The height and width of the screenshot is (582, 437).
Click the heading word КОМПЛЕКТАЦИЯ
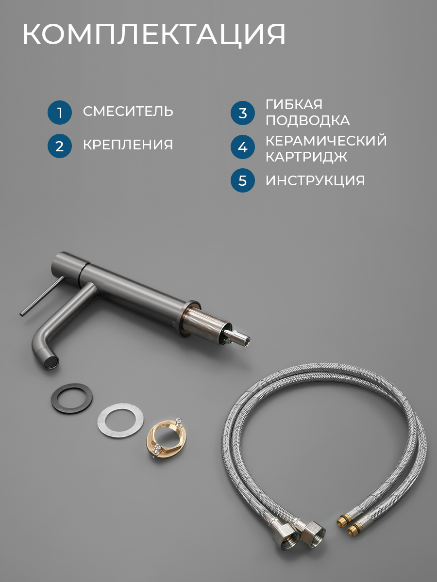pyautogui.click(x=154, y=34)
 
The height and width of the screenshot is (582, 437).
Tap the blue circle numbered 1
pyautogui.click(x=60, y=113)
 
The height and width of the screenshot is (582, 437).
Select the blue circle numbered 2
pyautogui.click(x=60, y=146)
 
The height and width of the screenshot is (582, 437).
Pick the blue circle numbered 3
pyautogui.click(x=242, y=113)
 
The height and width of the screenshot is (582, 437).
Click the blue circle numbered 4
pyautogui.click(x=242, y=147)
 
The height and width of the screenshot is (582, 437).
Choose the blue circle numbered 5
pyautogui.click(x=242, y=180)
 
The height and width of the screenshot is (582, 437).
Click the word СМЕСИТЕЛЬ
pyautogui.click(x=128, y=112)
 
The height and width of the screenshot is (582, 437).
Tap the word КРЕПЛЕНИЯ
pyautogui.click(x=128, y=145)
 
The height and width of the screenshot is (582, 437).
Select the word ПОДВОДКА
pyautogui.click(x=308, y=120)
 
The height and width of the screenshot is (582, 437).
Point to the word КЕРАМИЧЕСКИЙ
pyautogui.click(x=326, y=140)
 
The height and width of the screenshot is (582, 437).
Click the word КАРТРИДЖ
pyautogui.click(x=306, y=157)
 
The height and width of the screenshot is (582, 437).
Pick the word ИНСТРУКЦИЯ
pyautogui.click(x=315, y=180)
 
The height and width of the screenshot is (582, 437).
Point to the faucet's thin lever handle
pyautogui.click(x=42, y=296)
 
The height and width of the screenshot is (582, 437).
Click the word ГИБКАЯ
pyautogui.click(x=294, y=104)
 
